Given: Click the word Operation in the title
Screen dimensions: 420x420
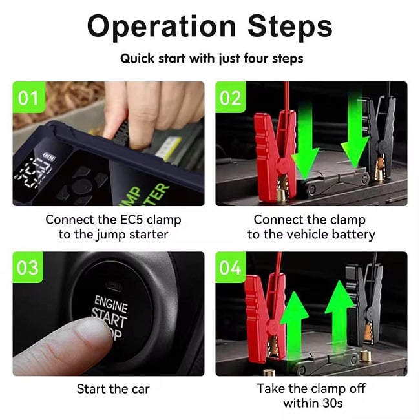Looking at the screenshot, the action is click(162, 26).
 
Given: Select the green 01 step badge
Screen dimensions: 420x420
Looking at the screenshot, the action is click(28, 97).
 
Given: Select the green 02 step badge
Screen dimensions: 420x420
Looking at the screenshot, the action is click(231, 97).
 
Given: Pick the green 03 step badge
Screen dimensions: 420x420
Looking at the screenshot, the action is click(28, 268).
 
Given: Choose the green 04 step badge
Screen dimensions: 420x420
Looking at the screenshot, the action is click(231, 268).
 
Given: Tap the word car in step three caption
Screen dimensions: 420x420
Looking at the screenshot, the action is click(140, 389).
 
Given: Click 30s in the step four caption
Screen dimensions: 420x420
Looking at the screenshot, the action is click(332, 403).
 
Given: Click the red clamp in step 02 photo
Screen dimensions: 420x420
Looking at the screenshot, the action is click(275, 155).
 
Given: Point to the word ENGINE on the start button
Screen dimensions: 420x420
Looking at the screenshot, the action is click(110, 304).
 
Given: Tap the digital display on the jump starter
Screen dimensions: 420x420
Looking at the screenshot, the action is click(34, 170).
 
